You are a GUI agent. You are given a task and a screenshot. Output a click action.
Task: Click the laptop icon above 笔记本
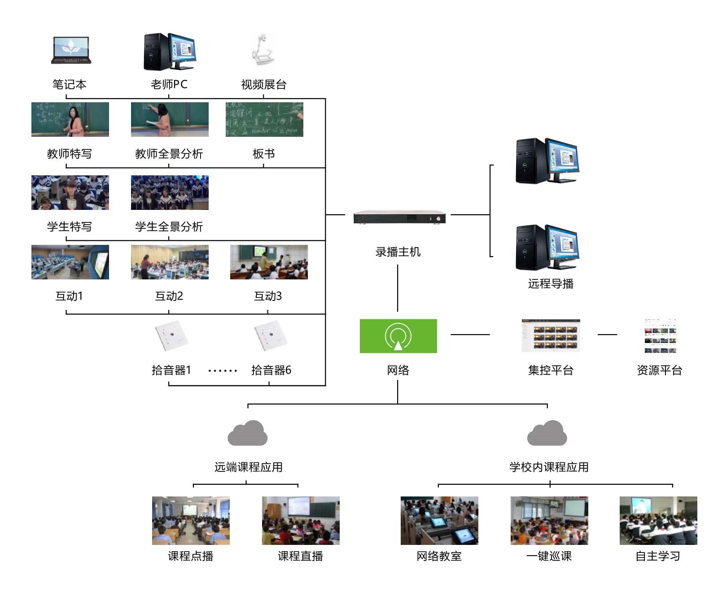71,50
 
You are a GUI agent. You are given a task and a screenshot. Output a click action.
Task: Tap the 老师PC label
169,84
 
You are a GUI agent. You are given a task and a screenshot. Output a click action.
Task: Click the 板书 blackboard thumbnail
264,119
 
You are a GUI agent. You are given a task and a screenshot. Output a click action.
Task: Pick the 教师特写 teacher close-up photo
70,119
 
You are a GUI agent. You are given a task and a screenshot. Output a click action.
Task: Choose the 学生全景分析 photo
170,192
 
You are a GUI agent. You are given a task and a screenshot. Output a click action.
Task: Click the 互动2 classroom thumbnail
170,262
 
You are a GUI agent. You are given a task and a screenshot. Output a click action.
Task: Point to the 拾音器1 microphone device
171,335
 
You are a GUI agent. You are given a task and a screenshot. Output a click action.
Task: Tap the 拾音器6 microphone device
271,335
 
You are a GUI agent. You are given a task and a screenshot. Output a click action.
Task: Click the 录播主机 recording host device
399,217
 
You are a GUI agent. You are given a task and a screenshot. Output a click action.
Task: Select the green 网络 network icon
398,336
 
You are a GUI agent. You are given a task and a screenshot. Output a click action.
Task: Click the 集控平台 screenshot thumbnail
551,335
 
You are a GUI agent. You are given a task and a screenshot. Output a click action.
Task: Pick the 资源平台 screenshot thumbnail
660,336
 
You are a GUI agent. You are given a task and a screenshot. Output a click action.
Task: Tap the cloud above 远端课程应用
248,433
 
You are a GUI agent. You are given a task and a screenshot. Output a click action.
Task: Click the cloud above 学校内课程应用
547,433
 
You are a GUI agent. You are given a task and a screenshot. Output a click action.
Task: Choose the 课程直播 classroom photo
301,521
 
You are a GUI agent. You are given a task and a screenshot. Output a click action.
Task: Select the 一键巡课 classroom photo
549,521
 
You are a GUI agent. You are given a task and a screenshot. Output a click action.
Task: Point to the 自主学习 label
658,556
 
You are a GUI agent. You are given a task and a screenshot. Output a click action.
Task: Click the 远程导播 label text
551,283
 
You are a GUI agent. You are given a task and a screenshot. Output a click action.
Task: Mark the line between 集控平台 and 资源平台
608,334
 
